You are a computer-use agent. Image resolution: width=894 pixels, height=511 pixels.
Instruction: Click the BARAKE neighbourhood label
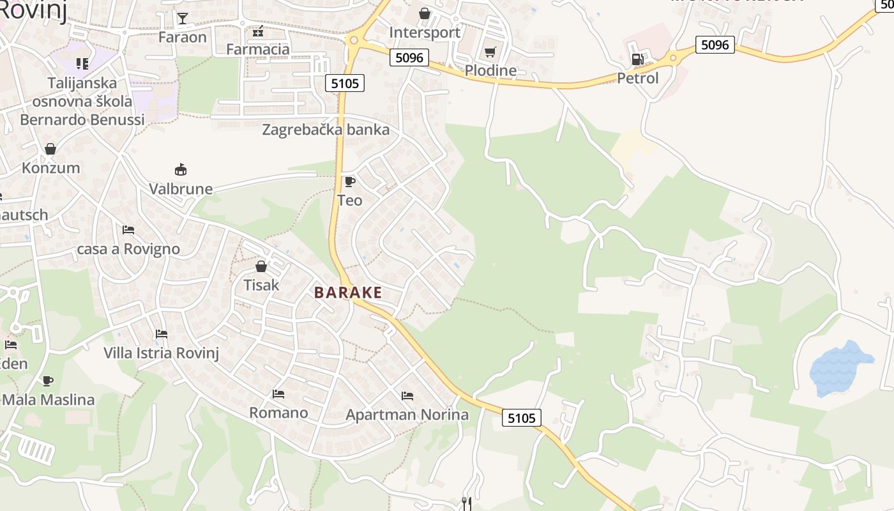click(348, 293)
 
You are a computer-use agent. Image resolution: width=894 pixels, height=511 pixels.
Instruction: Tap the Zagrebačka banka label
click(326, 130)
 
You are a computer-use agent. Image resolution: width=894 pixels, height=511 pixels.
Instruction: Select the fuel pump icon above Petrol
click(637, 59)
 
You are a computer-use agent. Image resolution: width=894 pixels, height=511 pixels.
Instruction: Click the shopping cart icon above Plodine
click(490, 52)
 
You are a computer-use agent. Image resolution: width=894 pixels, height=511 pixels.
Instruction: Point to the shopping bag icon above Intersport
click(424, 13)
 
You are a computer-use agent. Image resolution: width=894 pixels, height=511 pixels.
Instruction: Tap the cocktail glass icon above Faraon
click(183, 18)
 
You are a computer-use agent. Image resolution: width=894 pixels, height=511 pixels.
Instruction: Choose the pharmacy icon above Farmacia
click(258, 31)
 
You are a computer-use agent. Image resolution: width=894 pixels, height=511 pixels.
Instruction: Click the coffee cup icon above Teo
click(349, 181)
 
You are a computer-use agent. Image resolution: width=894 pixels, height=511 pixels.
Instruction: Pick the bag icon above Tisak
click(261, 266)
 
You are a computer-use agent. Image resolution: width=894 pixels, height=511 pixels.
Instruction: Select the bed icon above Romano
click(278, 394)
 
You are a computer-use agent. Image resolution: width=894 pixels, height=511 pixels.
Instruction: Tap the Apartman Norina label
click(407, 415)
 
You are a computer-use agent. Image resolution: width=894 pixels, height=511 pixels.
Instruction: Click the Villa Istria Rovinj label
click(162, 353)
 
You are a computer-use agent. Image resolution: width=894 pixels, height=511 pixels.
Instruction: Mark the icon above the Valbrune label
click(181, 169)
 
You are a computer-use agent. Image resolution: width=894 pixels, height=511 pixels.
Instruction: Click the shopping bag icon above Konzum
click(50, 149)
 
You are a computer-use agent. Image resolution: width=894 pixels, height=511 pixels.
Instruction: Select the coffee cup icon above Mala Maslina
click(48, 381)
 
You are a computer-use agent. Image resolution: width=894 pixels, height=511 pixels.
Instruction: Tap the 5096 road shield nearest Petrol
click(715, 45)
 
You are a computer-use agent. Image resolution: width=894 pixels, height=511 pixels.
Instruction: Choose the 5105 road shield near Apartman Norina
click(522, 418)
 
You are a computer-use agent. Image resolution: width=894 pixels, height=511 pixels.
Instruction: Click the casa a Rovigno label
click(128, 248)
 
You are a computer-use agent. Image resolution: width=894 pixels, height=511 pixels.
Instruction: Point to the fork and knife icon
click(467, 503)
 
